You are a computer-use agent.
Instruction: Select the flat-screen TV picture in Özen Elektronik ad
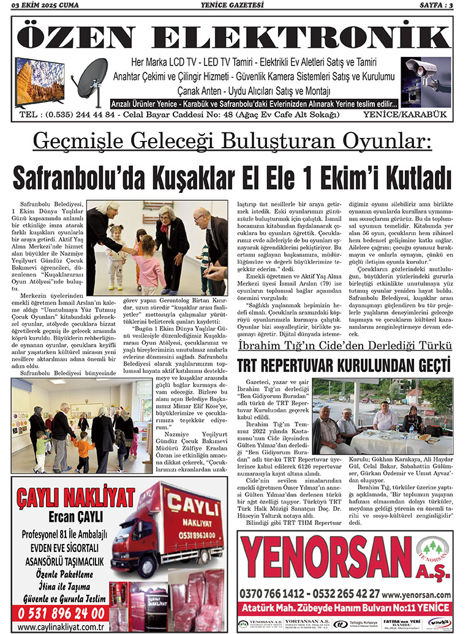[40, 83]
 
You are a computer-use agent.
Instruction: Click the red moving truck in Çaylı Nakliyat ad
[167, 530]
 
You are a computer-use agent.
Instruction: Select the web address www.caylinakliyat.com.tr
[61, 627]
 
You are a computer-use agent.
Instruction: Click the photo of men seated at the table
[382, 415]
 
